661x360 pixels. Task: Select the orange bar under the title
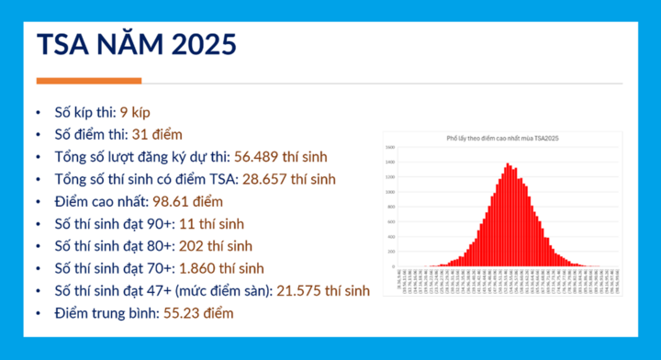(x=88, y=81)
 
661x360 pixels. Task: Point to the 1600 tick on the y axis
(x=390, y=148)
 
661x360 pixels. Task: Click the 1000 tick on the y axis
(x=390, y=192)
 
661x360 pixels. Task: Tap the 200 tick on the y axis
(x=390, y=251)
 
